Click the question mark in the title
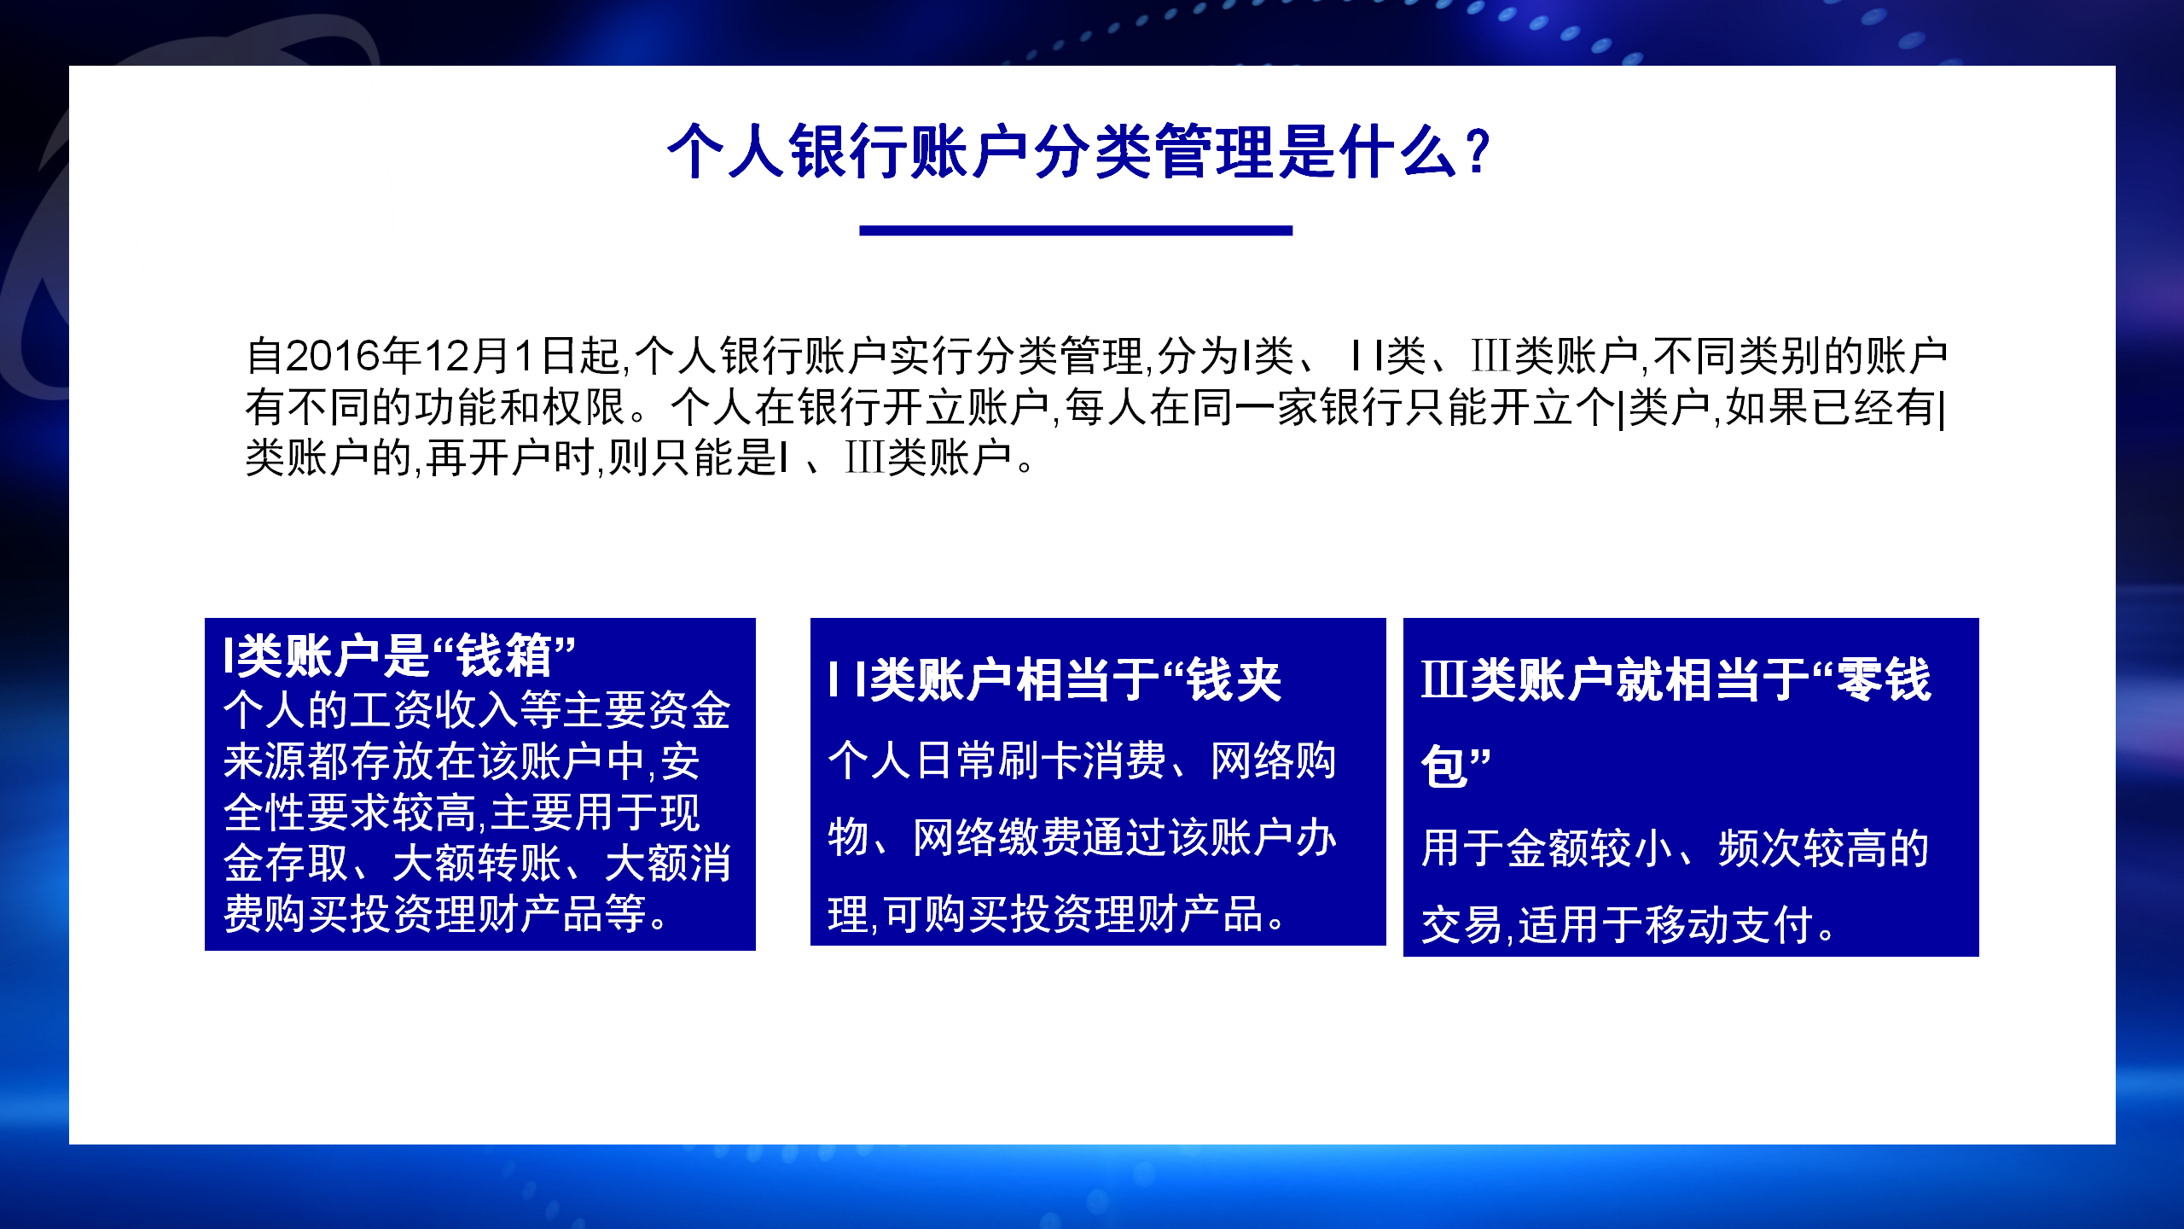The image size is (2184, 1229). coord(1474,152)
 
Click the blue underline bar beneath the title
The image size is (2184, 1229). coord(1076,230)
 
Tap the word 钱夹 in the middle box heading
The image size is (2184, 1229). coord(1235,680)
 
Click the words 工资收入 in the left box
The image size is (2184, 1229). coord(434,710)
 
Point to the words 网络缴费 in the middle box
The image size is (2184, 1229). coord(997,837)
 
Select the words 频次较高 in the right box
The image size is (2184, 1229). coord(1803,848)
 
